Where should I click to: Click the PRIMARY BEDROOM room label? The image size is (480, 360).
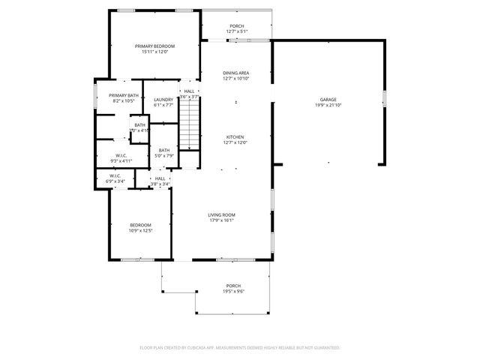tap(154, 46)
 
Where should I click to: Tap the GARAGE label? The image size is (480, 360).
tap(328, 99)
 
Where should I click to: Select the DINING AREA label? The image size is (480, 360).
tap(235, 73)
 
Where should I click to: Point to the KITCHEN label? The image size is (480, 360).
tap(235, 137)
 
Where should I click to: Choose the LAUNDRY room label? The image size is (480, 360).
tap(163, 100)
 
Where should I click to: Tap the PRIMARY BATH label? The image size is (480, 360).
tap(123, 95)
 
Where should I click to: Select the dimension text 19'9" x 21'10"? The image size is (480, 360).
tap(328, 105)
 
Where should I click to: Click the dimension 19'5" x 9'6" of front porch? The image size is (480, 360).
tap(233, 292)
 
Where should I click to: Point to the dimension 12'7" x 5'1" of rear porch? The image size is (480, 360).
tap(237, 31)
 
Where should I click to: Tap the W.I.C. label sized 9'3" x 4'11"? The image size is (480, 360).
tap(121, 155)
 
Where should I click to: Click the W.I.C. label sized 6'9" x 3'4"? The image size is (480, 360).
tap(115, 176)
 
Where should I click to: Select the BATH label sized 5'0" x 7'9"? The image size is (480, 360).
tap(163, 150)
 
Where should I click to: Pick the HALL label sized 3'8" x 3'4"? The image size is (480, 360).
tap(160, 178)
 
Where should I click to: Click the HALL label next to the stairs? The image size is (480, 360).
tap(189, 91)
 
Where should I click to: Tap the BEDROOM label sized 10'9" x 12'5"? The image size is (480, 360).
tap(140, 225)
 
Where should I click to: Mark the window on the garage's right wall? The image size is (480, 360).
tap(383, 98)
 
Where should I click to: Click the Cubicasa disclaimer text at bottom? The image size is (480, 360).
tap(240, 348)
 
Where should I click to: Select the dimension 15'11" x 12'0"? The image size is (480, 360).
tap(154, 52)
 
